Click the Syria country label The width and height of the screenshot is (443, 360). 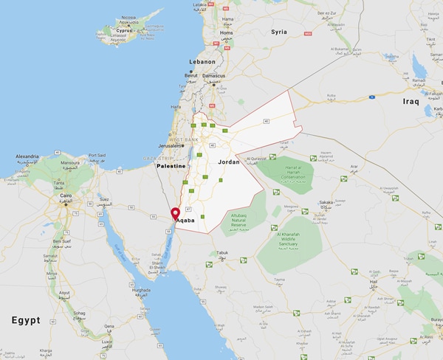[278, 32]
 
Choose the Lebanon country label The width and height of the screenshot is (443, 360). [202, 62]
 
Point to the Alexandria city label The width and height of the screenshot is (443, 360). [28, 157]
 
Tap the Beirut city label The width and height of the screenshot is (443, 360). [190, 76]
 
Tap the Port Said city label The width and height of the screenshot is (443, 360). [98, 156]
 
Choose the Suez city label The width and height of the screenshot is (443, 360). [105, 198]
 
